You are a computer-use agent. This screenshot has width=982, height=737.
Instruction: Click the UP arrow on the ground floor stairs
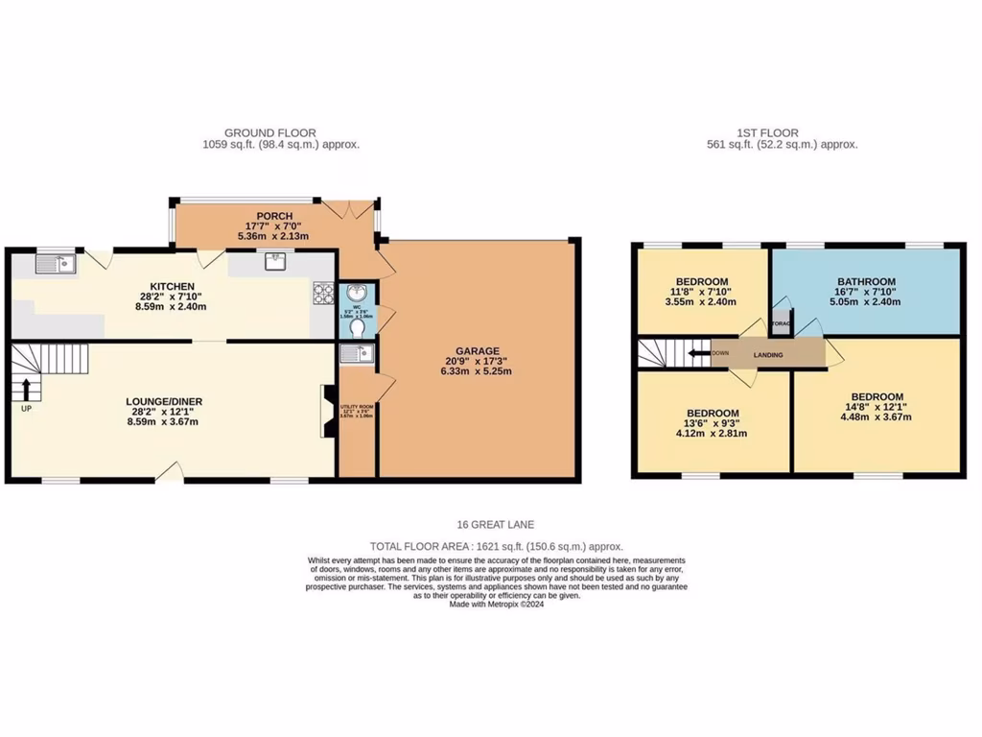pyautogui.click(x=27, y=389)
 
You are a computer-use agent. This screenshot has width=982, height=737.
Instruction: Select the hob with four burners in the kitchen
pyautogui.click(x=322, y=293)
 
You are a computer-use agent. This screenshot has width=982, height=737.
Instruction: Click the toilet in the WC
pyautogui.click(x=358, y=328)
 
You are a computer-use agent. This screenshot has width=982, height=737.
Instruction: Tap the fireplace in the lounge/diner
pyautogui.click(x=328, y=411)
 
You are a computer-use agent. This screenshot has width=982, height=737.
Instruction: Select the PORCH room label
pyautogui.click(x=274, y=216)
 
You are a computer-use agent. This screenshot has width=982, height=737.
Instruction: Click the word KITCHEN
pyautogui.click(x=173, y=286)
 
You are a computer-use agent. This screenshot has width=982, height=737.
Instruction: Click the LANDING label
pyautogui.click(x=767, y=355)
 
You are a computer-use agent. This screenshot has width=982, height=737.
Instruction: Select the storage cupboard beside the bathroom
pyautogui.click(x=782, y=323)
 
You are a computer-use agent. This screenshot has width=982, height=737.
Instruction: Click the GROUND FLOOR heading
pyautogui.click(x=269, y=133)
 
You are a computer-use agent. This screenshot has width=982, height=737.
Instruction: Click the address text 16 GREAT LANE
pyautogui.click(x=496, y=524)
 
